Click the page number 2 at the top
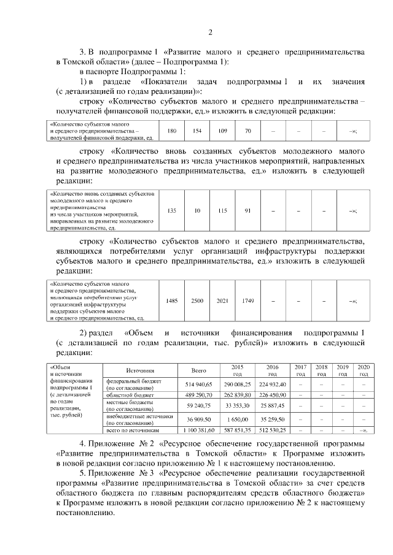tap(209, 33)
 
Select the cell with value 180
tap(172, 131)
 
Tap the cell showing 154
tap(197, 131)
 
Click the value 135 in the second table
tap(172, 210)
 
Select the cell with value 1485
tap(172, 300)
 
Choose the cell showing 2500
tap(197, 300)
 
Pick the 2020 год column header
tap(364, 370)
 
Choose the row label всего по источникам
tap(132, 431)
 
